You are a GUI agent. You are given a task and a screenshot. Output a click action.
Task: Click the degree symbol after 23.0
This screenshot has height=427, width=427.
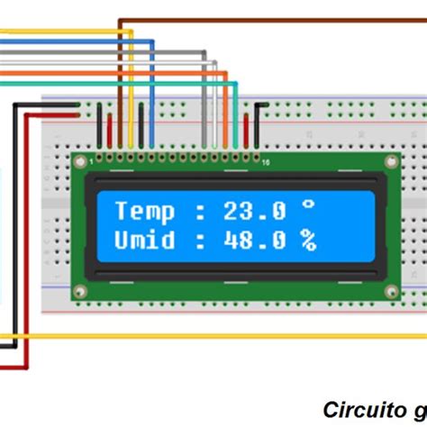pyautogui.click(x=308, y=207)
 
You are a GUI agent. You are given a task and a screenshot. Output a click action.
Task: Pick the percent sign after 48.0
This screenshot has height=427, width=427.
pyautogui.click(x=309, y=241)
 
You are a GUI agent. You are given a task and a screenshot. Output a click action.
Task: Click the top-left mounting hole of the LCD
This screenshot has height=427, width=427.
pyautogui.click(x=80, y=163)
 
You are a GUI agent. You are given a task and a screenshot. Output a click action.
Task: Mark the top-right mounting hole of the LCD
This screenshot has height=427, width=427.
pyautogui.click(x=390, y=163)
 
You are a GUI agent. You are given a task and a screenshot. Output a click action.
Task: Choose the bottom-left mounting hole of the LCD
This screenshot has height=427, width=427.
pyautogui.click(x=80, y=291)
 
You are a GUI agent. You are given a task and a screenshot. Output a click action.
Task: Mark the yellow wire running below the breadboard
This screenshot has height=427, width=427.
pyautogui.click(x=225, y=337)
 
